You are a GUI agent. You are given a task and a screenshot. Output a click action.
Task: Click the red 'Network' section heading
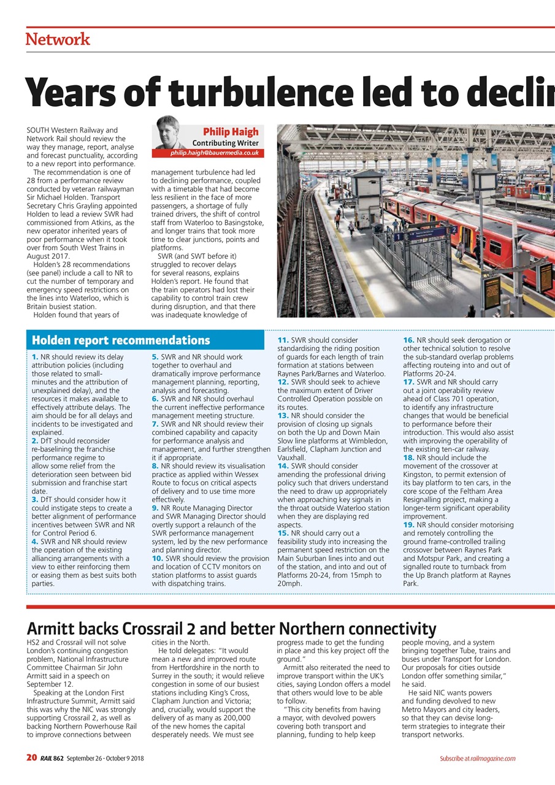coord(58,39)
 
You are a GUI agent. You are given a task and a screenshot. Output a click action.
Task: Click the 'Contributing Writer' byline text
coord(225,143)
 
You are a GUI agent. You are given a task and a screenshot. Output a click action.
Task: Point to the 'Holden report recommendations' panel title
coord(121,340)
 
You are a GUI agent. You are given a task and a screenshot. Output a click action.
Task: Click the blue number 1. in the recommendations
coord(34,357)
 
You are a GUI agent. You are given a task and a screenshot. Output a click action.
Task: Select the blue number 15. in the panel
coord(283,534)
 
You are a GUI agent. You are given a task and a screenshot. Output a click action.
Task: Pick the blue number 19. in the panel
coord(408,525)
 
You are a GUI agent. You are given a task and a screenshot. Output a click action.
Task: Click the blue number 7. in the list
coord(156,424)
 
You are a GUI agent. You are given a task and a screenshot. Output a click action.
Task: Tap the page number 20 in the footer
coord(32,758)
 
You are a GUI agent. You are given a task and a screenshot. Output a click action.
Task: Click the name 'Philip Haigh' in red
coord(231,132)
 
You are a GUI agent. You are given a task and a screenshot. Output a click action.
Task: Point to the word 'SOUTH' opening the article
coord(40,131)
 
